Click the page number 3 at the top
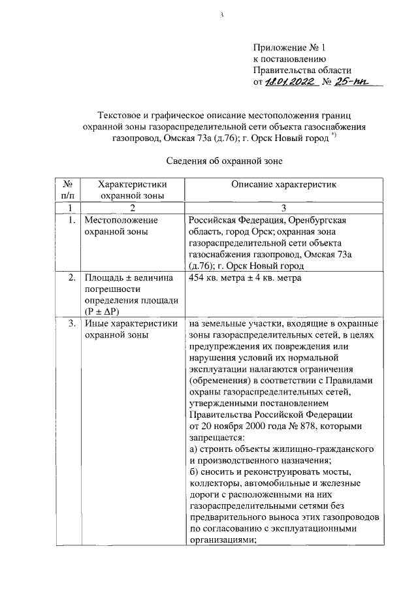(222, 16)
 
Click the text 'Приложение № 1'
(288, 48)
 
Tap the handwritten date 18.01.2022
(291, 83)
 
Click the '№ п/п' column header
(67, 189)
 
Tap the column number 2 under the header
(131, 208)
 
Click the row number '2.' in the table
(72, 279)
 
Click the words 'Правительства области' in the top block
(302, 71)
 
